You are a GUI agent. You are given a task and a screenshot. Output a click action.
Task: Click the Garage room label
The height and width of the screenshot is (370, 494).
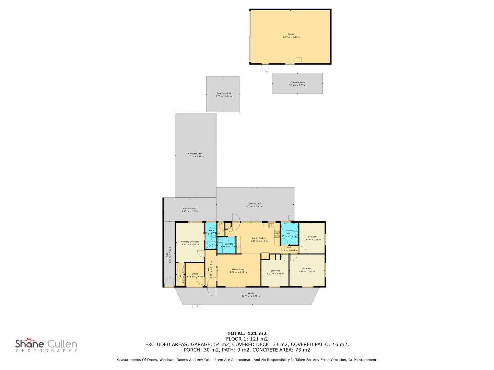[x=291, y=34]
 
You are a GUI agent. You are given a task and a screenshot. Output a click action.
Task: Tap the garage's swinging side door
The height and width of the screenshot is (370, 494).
[x=265, y=67]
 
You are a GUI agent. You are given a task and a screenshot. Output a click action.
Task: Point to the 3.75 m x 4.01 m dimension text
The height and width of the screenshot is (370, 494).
[x=224, y=96]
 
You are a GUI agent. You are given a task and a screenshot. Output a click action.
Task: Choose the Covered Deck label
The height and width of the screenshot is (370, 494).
[x=255, y=203]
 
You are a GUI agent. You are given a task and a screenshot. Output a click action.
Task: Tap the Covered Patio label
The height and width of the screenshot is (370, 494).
[x=190, y=208]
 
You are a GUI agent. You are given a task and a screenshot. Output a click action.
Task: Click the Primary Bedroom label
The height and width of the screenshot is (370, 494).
[x=190, y=242]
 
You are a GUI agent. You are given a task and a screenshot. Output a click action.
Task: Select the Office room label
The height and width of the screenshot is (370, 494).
[x=195, y=274]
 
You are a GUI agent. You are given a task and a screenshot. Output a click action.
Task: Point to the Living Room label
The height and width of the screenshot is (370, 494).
[x=238, y=269]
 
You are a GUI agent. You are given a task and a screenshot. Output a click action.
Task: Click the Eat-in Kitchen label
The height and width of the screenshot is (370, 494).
[x=259, y=238]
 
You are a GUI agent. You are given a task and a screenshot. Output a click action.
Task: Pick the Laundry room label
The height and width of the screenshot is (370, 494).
[x=229, y=244]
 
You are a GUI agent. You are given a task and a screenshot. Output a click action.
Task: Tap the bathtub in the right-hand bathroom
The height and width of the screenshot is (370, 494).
[x=290, y=227]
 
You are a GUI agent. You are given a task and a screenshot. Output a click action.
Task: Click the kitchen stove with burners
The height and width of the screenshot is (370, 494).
[x=277, y=234]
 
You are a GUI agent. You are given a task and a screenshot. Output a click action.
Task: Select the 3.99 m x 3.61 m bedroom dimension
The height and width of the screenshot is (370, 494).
[x=307, y=271]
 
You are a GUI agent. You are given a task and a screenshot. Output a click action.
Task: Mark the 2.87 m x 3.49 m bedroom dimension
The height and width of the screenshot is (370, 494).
[x=313, y=239]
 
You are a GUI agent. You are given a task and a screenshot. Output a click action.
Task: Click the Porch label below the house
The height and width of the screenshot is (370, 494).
[x=251, y=293]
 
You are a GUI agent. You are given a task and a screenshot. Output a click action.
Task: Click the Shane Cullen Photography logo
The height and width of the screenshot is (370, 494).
[x=46, y=345]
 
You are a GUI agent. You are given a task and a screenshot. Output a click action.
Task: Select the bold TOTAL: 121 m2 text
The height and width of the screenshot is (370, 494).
[x=247, y=333]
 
